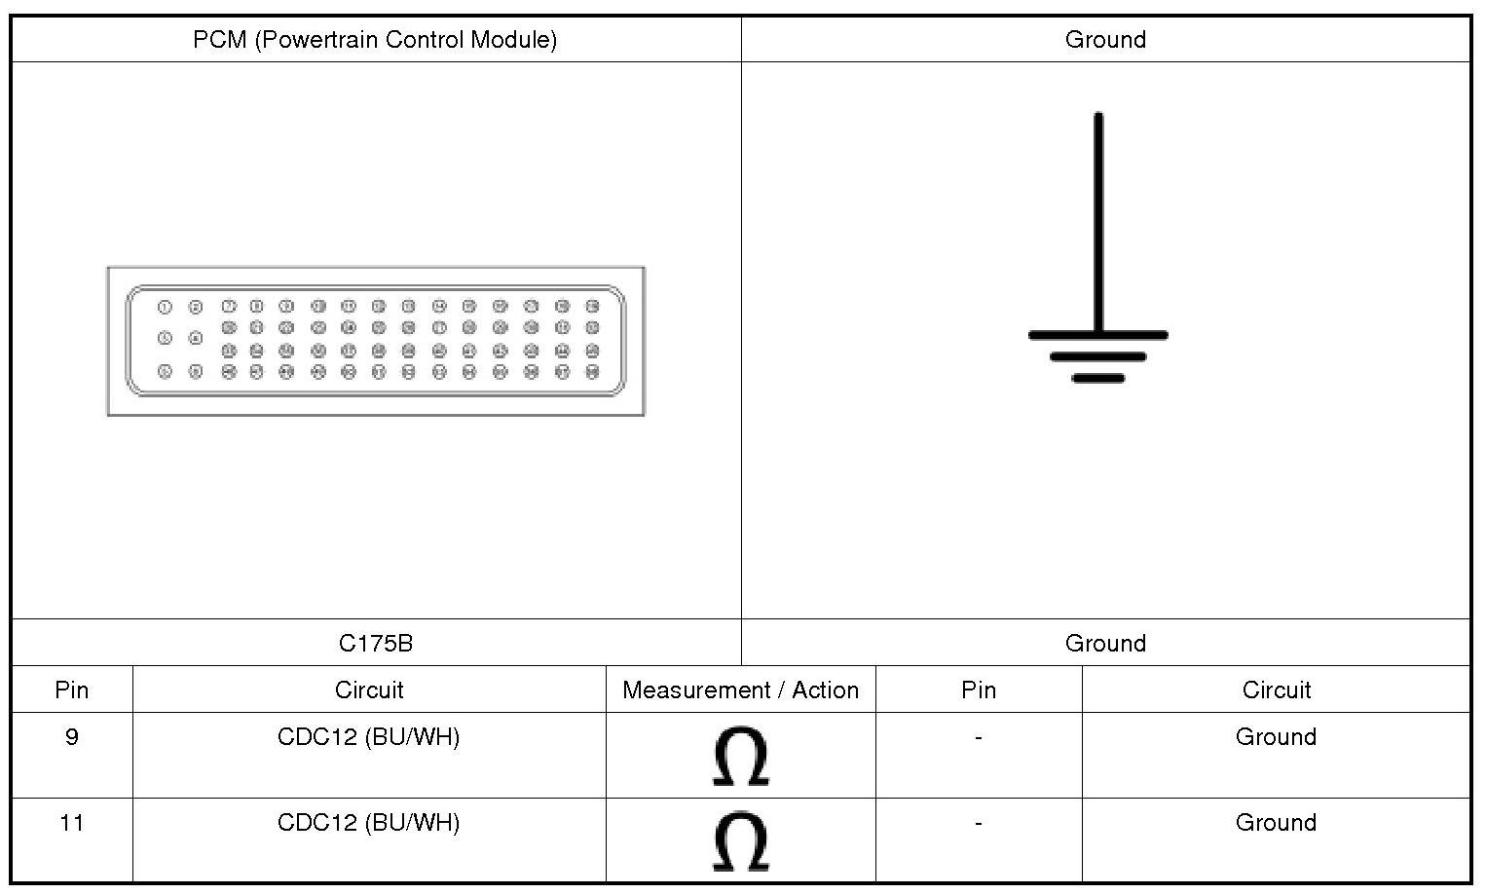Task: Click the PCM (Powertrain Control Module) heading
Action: click(x=375, y=40)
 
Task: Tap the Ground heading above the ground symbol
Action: click(x=1105, y=40)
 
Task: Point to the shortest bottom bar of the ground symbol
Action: click(x=1098, y=378)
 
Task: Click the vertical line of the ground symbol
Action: click(x=1098, y=224)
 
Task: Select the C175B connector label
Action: click(x=376, y=644)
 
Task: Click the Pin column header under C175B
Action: click(x=72, y=690)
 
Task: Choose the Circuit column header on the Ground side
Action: click(x=1276, y=690)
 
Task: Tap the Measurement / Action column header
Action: click(x=740, y=690)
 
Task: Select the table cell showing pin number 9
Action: click(x=72, y=737)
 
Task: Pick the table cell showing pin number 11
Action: click(x=72, y=823)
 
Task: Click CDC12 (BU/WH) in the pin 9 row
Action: click(x=368, y=737)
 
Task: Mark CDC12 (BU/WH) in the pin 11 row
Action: click(x=368, y=823)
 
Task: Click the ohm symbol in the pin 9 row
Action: click(x=740, y=756)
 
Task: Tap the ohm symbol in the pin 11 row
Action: click(x=740, y=841)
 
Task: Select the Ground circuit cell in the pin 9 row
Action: click(x=1276, y=737)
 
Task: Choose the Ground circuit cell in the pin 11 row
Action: click(x=1276, y=823)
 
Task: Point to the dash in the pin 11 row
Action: click(x=978, y=823)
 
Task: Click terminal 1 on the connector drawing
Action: click(x=165, y=308)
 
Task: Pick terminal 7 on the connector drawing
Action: click(x=229, y=307)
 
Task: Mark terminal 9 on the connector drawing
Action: click(x=286, y=307)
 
